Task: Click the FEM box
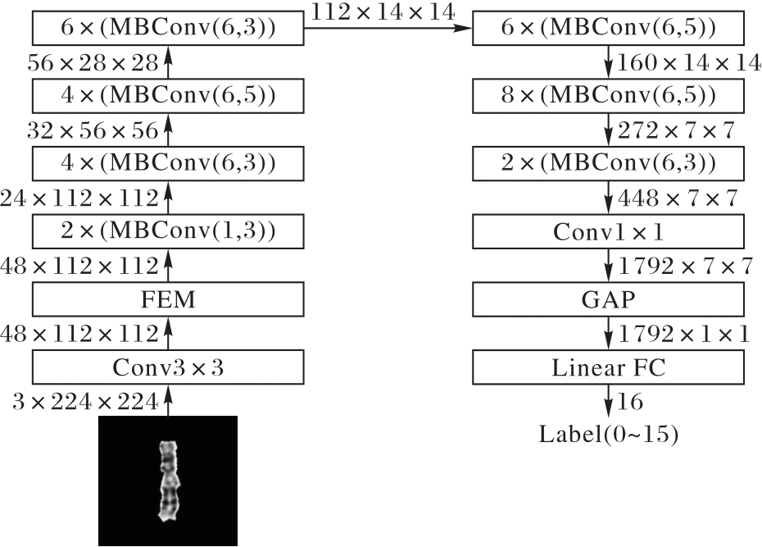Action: click(x=168, y=299)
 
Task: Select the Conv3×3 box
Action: click(x=168, y=367)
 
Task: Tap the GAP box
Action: click(x=608, y=299)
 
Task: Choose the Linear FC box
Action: click(x=608, y=367)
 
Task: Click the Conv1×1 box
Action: click(x=608, y=231)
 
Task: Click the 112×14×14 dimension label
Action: click(x=383, y=11)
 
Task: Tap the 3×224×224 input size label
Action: click(x=85, y=402)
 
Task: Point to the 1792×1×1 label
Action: click(x=684, y=334)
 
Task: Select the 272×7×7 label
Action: click(x=676, y=130)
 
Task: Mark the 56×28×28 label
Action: click(x=93, y=62)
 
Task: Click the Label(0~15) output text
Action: click(x=609, y=434)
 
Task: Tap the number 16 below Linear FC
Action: click(x=630, y=402)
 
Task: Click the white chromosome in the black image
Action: click(x=169, y=481)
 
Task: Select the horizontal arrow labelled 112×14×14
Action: click(x=388, y=28)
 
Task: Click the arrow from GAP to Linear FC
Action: click(x=608, y=333)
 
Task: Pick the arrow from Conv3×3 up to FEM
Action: click(x=168, y=333)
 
